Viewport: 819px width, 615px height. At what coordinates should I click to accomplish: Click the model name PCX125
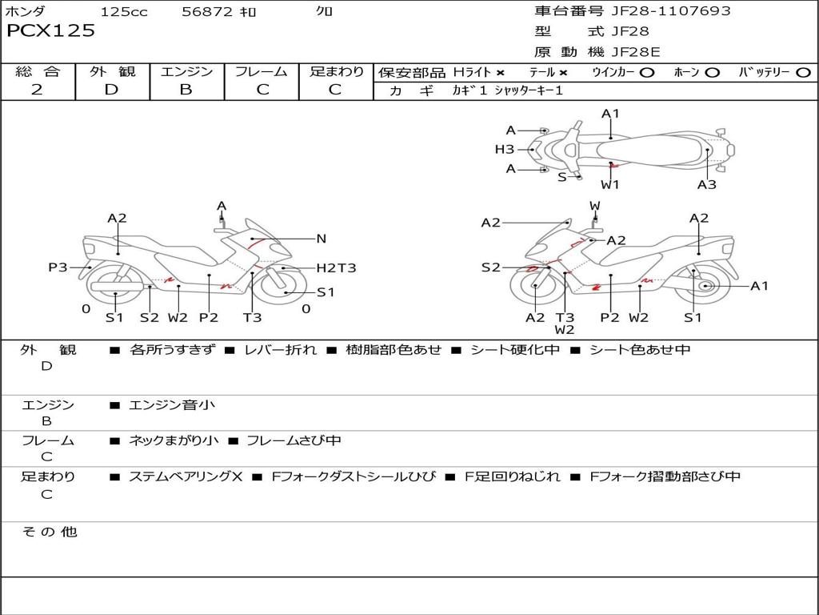click(x=50, y=31)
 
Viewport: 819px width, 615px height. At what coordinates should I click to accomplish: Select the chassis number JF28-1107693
click(x=660, y=10)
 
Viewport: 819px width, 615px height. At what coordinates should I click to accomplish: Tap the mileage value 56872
click(x=206, y=11)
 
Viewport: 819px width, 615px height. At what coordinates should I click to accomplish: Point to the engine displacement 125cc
click(x=124, y=11)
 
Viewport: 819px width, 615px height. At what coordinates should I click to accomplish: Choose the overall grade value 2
click(x=37, y=89)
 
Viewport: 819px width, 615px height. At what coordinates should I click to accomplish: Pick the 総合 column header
click(x=37, y=71)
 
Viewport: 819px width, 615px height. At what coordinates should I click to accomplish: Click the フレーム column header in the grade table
click(x=262, y=71)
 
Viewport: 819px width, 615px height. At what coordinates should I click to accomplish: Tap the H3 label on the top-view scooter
click(x=504, y=149)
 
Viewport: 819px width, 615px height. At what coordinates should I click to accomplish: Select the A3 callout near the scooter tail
click(x=706, y=184)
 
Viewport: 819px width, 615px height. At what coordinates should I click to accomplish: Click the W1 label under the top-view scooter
click(x=610, y=184)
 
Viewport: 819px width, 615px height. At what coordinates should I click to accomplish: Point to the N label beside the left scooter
click(x=322, y=238)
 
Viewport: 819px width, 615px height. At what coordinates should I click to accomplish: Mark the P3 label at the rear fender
click(x=58, y=267)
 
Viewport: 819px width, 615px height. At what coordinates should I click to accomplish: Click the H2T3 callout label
click(x=336, y=268)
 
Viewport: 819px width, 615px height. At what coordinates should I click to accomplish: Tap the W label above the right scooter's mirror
click(x=595, y=206)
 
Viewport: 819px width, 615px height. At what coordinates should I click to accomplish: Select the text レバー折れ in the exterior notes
click(x=280, y=350)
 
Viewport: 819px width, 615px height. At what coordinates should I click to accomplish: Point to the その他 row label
click(x=49, y=532)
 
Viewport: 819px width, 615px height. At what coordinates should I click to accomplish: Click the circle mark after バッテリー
click(x=803, y=72)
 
